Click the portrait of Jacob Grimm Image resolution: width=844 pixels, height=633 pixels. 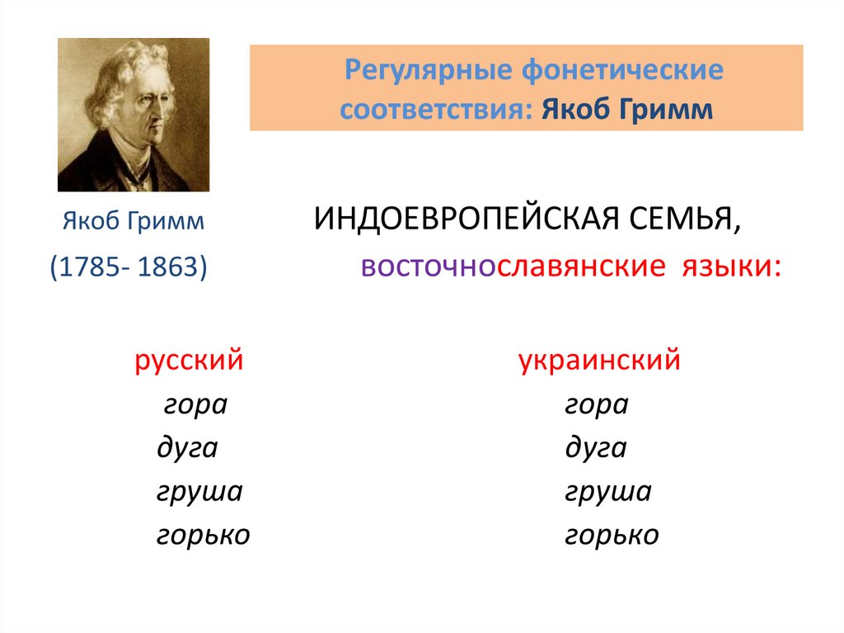tap(133, 115)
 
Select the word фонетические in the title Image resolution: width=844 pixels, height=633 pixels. tap(622, 70)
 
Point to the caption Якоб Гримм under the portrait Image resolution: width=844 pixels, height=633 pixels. tap(134, 222)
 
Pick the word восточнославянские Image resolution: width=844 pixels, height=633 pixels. tap(512, 267)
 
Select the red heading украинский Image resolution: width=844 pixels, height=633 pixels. tap(599, 361)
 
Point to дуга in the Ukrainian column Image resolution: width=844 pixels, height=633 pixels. tap(596, 449)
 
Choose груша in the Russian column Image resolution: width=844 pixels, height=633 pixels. tap(199, 493)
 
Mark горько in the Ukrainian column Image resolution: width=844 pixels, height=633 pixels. tap(612, 536)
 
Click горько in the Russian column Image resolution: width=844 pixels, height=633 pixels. tap(203, 536)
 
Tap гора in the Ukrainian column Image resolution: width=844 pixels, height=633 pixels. tap(597, 406)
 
